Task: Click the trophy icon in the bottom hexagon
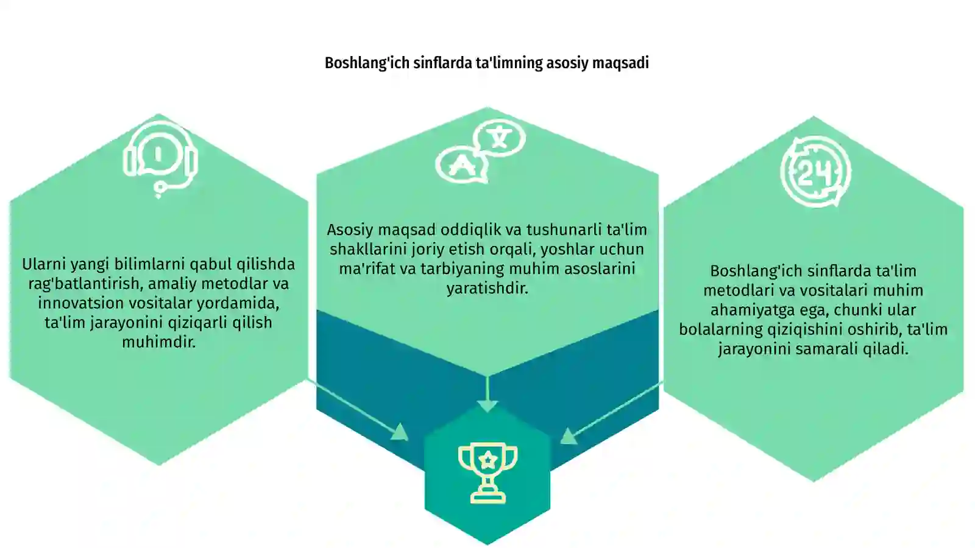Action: [x=487, y=473]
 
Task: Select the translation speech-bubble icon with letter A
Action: [x=481, y=150]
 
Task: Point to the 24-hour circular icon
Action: [x=815, y=171]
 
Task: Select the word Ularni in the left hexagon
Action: [x=43, y=264]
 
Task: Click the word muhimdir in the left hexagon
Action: [x=159, y=342]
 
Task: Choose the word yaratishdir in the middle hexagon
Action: [x=487, y=289]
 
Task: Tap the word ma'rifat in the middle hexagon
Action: [x=367, y=269]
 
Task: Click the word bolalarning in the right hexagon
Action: [x=721, y=329]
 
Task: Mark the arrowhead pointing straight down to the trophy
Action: [x=487, y=406]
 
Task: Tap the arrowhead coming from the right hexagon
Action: [x=569, y=436]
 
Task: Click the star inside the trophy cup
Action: [x=487, y=460]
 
